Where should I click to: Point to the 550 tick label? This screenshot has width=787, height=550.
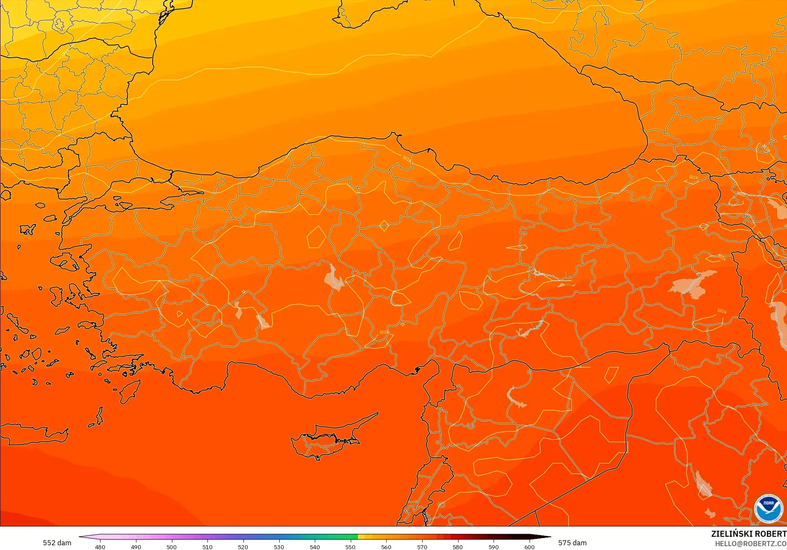[x=350, y=547]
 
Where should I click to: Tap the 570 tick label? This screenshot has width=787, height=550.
[x=422, y=547]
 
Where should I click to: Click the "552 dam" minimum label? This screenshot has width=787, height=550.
[x=57, y=543]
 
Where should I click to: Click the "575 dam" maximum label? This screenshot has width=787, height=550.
[x=572, y=543]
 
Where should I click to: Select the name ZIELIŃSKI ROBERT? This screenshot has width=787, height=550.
[x=749, y=534]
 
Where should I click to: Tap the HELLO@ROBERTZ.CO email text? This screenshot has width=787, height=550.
[x=751, y=543]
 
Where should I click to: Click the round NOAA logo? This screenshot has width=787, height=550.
[x=768, y=509]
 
